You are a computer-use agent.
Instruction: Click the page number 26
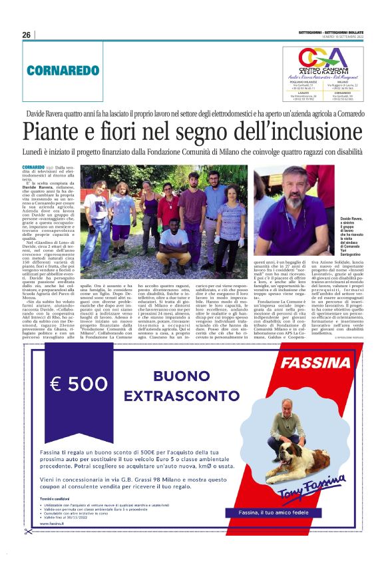click(x=27, y=35)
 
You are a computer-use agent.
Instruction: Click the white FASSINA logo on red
click(x=313, y=364)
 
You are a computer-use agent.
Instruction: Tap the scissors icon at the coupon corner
click(x=27, y=531)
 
